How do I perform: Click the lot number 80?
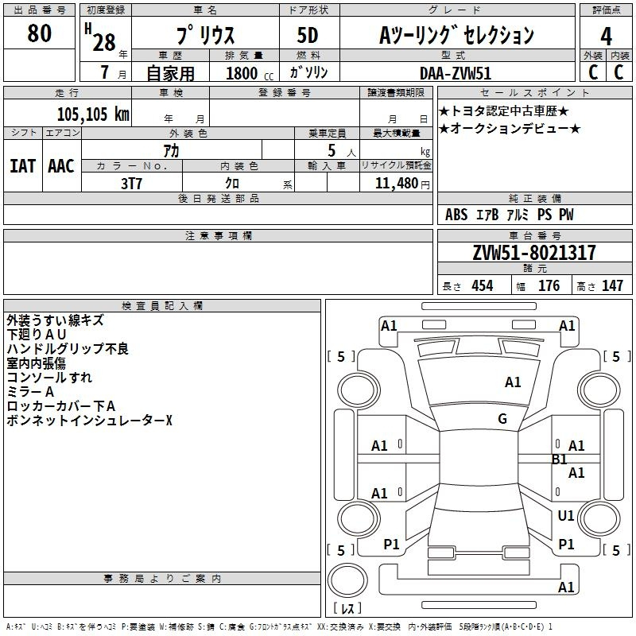pos(39,33)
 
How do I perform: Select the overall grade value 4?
pos(606,37)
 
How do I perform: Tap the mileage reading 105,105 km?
pos(93,114)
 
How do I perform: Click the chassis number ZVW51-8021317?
pos(534,253)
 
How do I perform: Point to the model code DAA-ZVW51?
pos(456,73)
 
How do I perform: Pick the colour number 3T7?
pos(131,184)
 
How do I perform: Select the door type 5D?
pos(308,35)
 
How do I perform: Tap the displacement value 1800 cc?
pos(250,73)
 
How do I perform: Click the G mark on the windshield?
pos(502,418)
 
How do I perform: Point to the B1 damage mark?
pos(560,460)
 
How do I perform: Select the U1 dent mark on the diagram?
pos(566,515)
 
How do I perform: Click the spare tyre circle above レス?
pos(347,580)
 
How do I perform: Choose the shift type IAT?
pos(22,166)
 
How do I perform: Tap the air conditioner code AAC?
pos(61,166)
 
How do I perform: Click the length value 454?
pos(483,285)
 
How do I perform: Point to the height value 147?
pos(612,285)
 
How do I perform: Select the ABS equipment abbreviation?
pos(456,215)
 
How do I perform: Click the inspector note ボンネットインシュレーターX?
pos(89,421)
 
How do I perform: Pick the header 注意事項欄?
pos(219,235)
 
